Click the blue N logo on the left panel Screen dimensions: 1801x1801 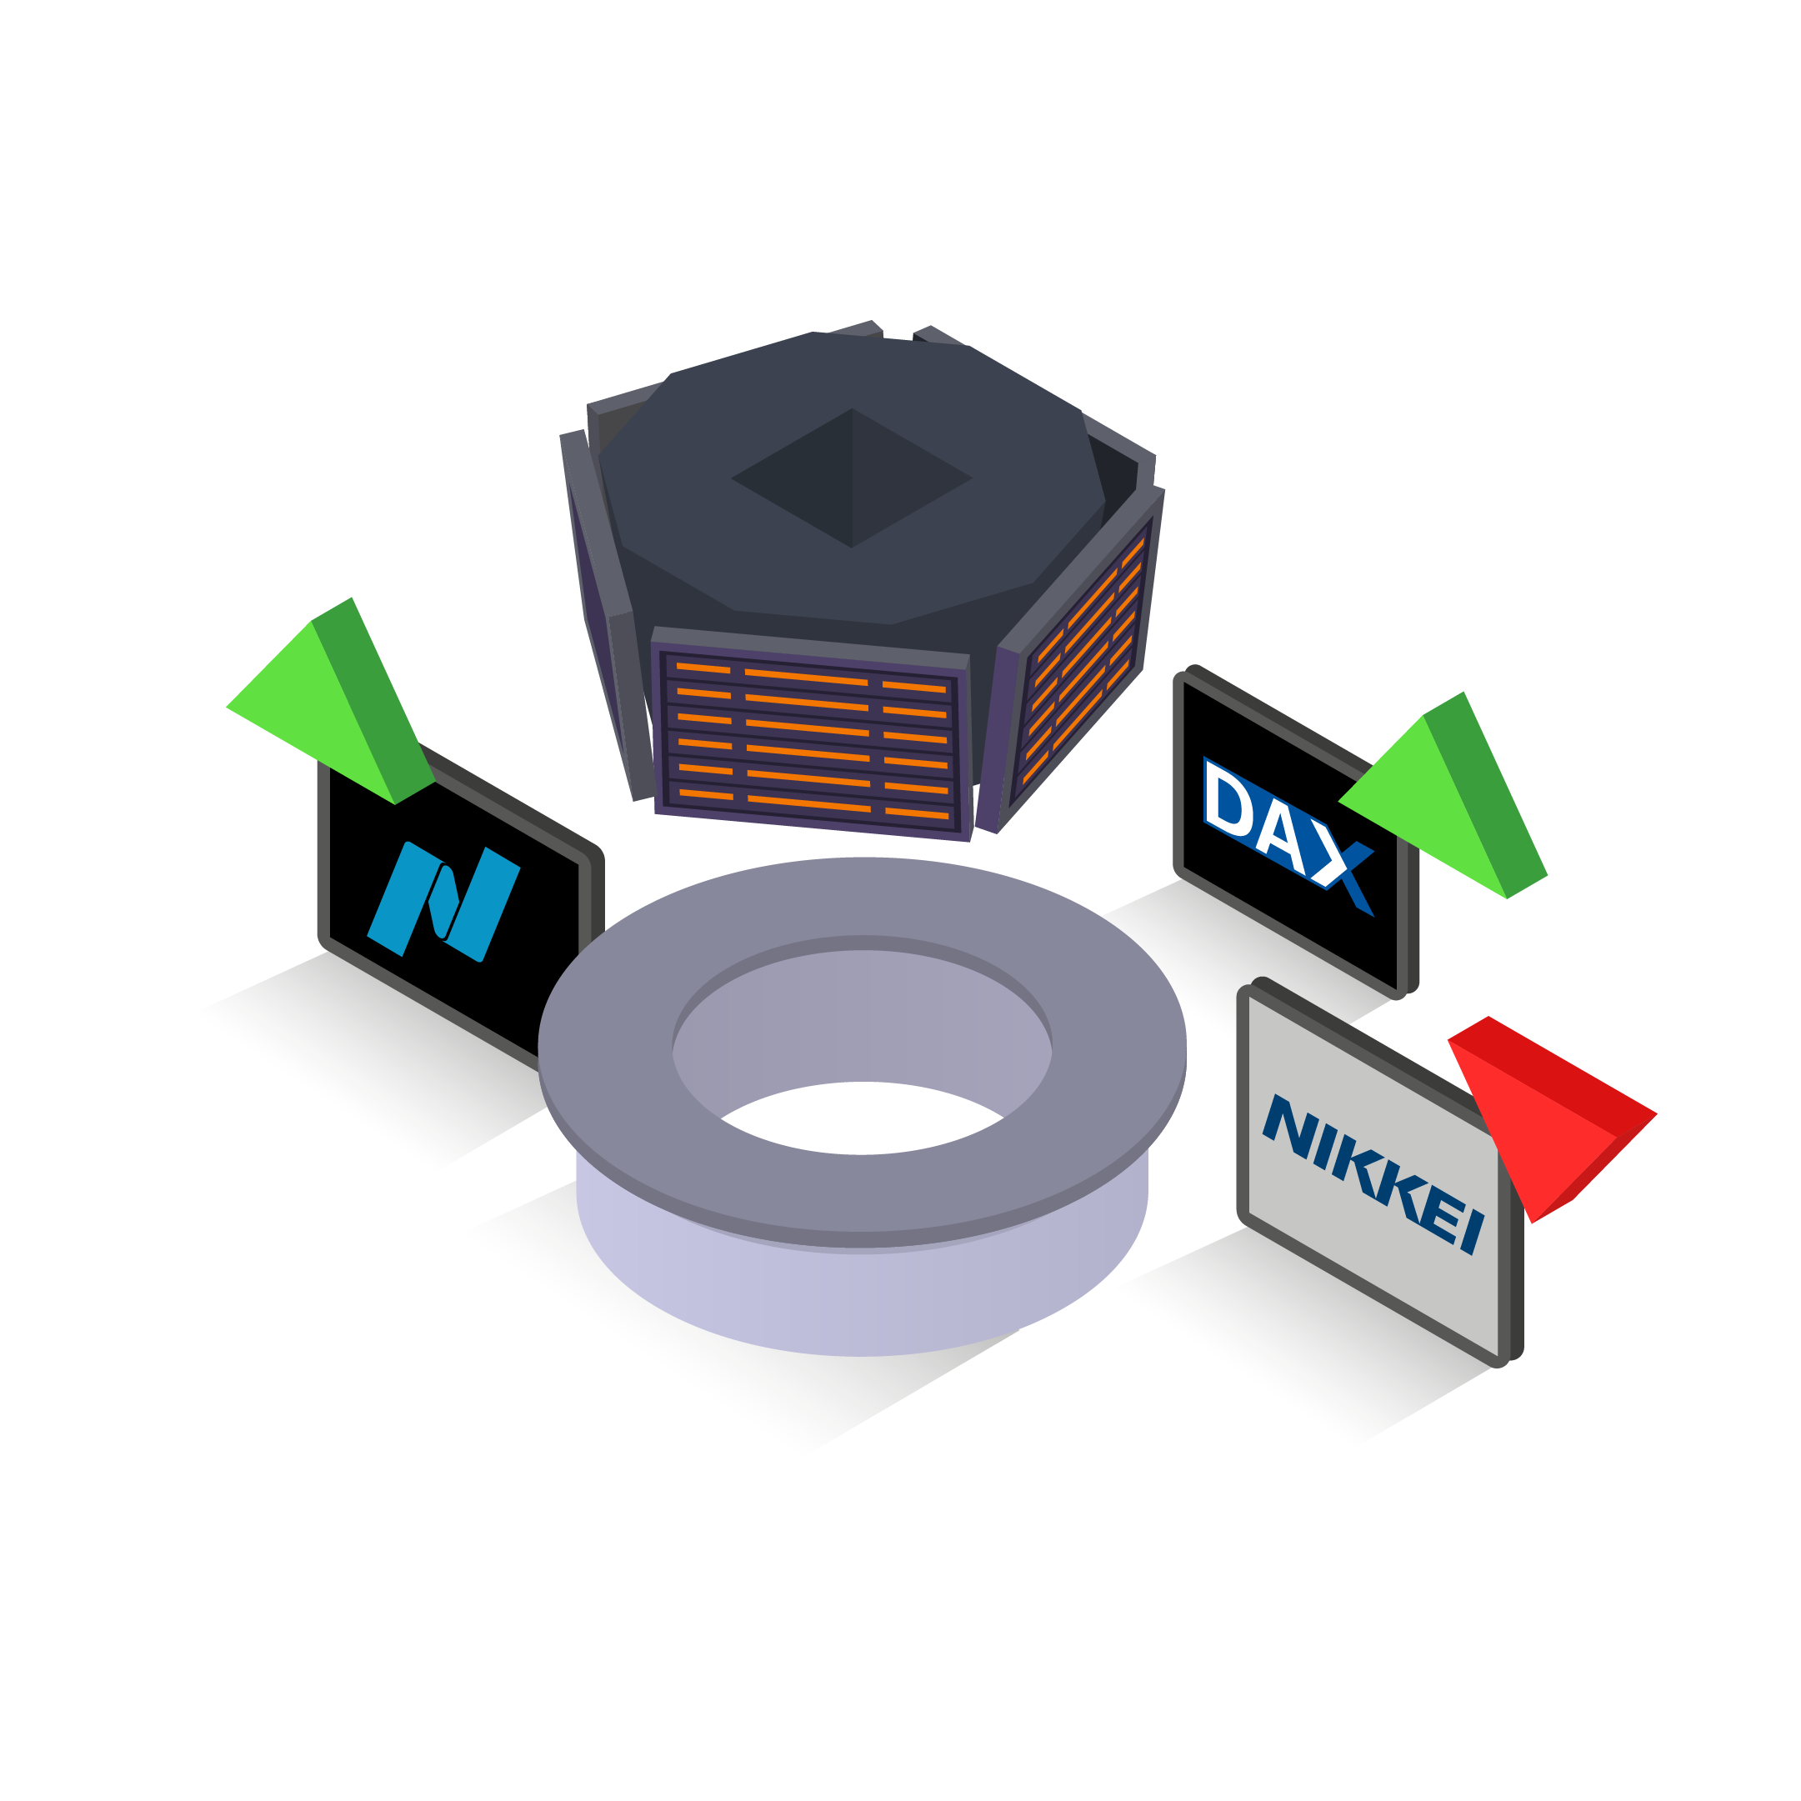tap(443, 902)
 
